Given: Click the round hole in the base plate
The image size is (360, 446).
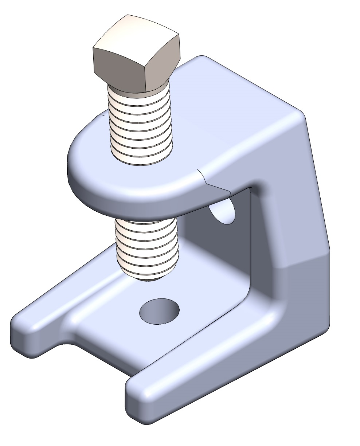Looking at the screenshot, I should [160, 312].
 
